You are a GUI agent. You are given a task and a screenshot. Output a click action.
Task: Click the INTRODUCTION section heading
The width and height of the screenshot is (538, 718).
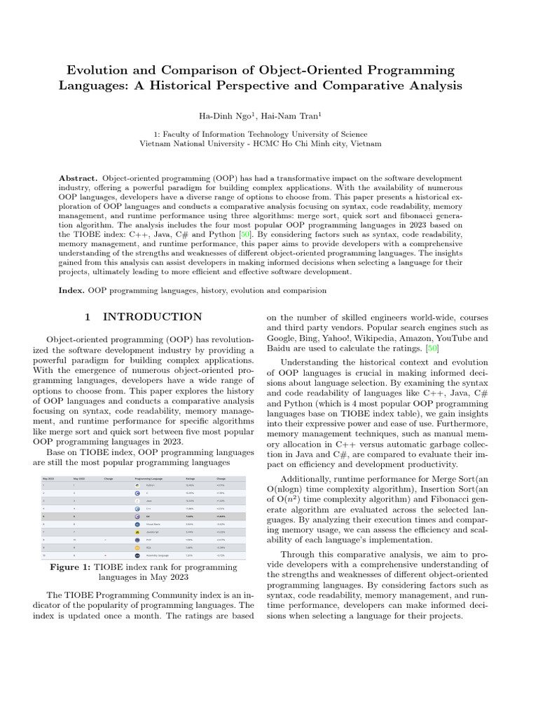pos(152,317)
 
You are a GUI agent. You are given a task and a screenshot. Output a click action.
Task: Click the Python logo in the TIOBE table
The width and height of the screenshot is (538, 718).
pos(137,485)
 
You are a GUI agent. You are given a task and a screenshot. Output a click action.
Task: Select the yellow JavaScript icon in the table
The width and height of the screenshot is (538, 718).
pos(137,531)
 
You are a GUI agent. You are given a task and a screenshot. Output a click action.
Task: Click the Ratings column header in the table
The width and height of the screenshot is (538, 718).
pos(190,477)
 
